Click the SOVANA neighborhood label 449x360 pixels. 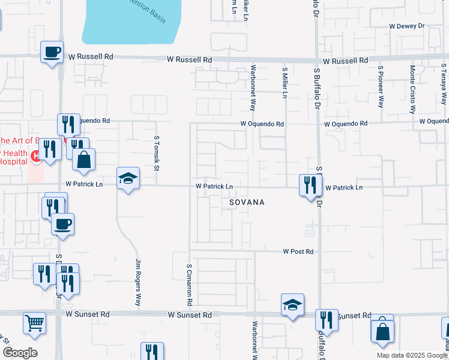pos(247,202)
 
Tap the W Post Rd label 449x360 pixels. pos(298,252)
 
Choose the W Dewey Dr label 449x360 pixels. pos(406,26)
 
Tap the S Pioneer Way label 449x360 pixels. pos(380,85)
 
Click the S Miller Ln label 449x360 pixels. pos(285,83)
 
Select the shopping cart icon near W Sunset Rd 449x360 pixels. pos(34,322)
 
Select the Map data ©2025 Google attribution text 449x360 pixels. pos(411,355)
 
